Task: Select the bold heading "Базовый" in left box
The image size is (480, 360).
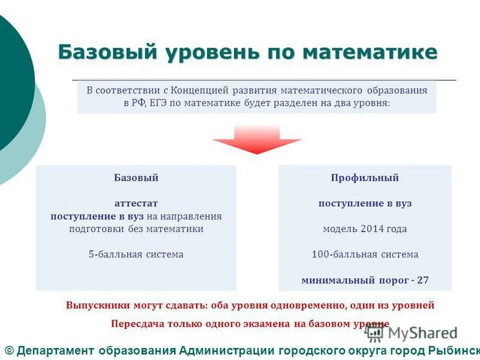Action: (x=136, y=178)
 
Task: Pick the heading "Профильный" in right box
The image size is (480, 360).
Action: (x=365, y=178)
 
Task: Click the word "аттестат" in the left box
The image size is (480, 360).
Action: (x=136, y=203)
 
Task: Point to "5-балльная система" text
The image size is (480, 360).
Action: (x=136, y=254)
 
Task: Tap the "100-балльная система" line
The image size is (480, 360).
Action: (x=365, y=254)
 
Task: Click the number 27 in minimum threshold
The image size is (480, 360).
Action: (x=422, y=280)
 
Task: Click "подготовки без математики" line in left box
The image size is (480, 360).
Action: (x=136, y=229)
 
